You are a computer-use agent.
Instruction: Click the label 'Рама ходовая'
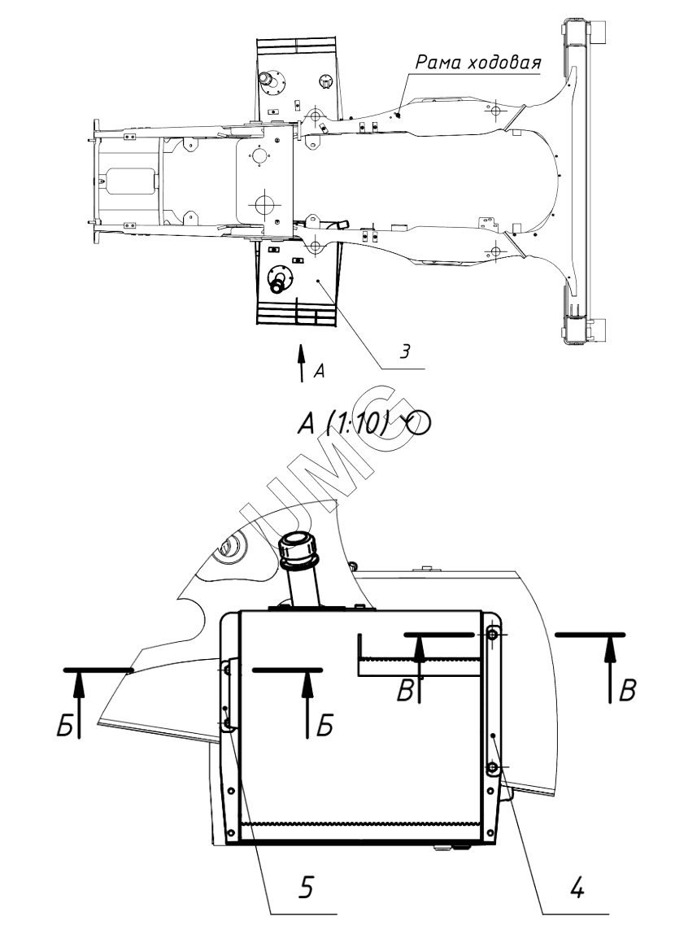coord(478,62)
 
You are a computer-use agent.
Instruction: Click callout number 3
coord(405,351)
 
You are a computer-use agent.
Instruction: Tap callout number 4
coord(576,887)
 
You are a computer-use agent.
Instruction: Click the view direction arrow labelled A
coord(302,363)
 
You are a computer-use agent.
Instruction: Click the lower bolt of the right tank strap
coord(492,768)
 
